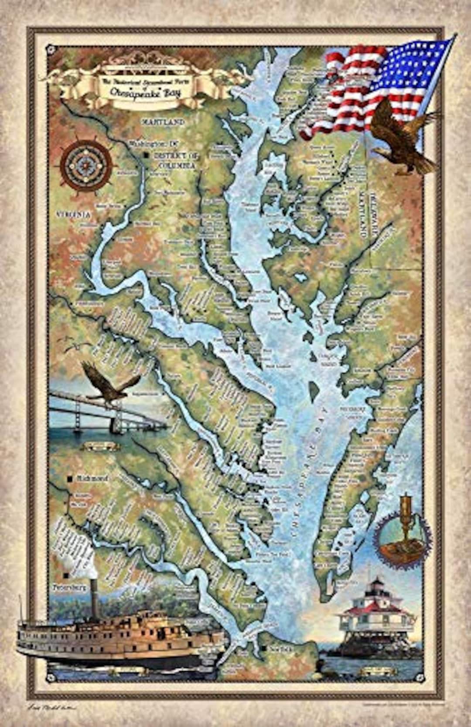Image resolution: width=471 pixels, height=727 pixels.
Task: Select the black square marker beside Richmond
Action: coord(70,479)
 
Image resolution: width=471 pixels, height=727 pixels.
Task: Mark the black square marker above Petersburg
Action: coord(65,574)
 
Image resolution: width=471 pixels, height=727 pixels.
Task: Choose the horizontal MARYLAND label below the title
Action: coord(166,123)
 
